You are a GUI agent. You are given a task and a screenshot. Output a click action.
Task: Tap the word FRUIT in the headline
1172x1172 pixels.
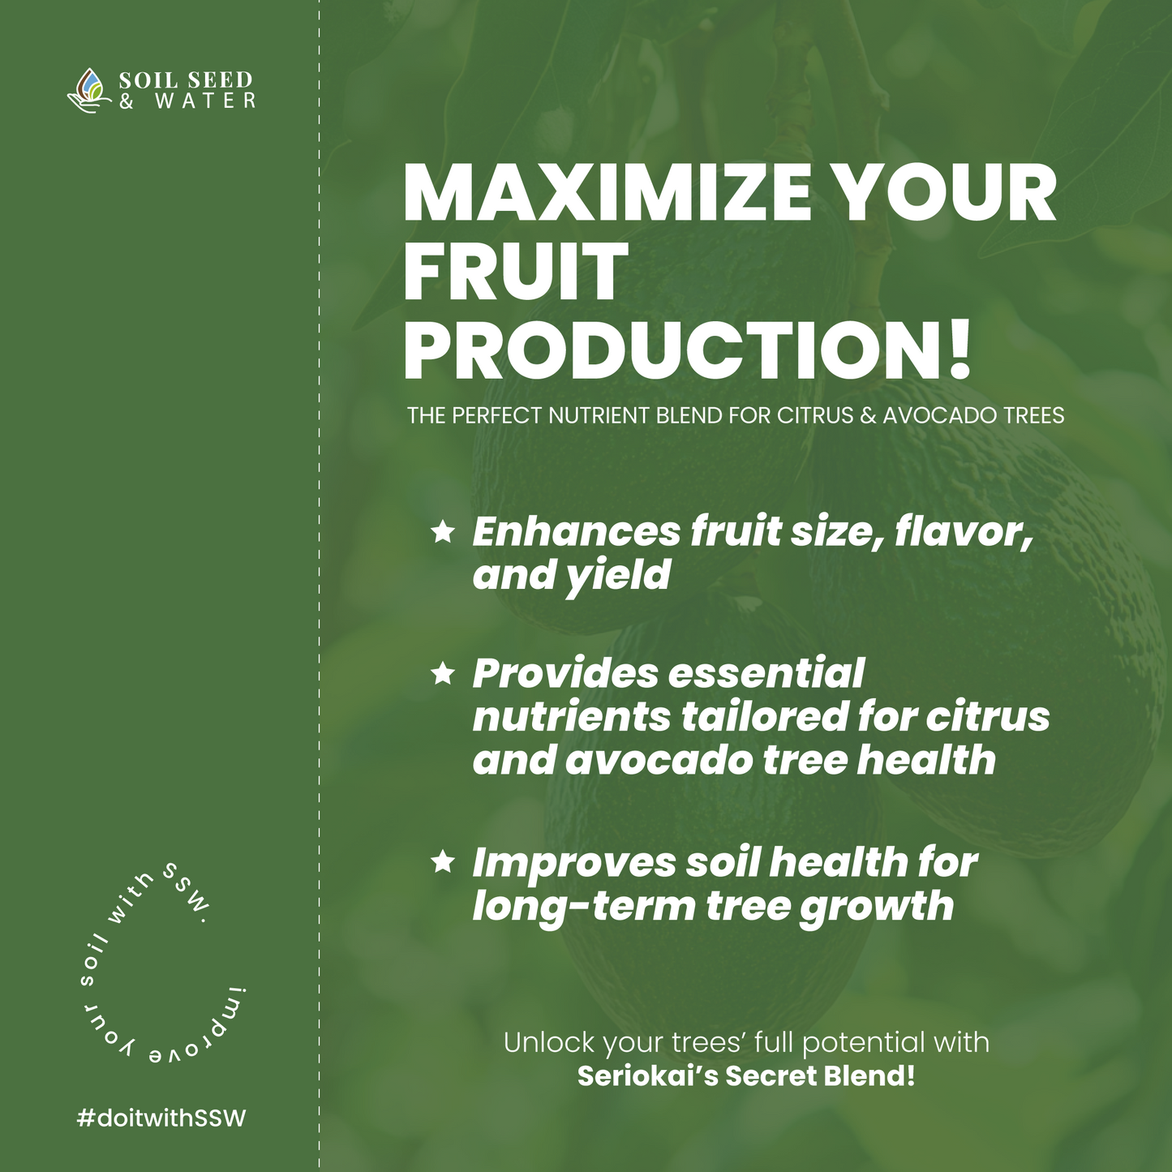click(515, 271)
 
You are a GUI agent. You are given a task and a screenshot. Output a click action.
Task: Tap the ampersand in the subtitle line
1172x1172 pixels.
click(869, 415)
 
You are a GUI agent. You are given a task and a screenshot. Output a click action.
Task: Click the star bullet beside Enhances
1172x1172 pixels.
click(443, 532)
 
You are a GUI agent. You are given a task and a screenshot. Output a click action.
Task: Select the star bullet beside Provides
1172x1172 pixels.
click(443, 673)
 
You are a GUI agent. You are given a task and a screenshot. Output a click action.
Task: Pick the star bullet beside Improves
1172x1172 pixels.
click(443, 861)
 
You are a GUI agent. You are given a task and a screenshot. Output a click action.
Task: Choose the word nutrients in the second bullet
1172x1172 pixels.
click(572, 717)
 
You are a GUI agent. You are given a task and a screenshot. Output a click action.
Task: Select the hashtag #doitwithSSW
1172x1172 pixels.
click(161, 1118)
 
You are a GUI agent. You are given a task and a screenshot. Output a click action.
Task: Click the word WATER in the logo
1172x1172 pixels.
click(205, 101)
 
